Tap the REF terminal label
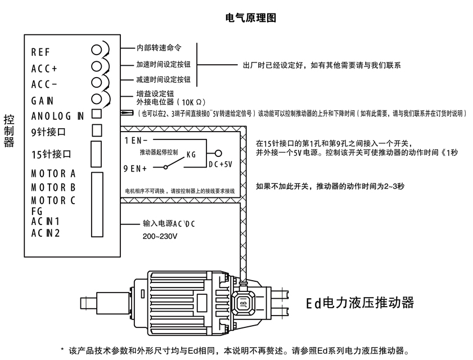[x=40, y=52]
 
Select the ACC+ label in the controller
[x=44, y=69]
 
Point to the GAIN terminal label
[x=43, y=101]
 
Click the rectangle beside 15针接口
[x=96, y=152]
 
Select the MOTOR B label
[x=53, y=187]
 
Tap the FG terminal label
[x=37, y=210]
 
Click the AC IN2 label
[x=46, y=232]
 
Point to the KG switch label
[x=191, y=155]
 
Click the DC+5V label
[x=221, y=164]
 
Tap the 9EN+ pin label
[x=136, y=168]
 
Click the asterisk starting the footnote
[x=62, y=349]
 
